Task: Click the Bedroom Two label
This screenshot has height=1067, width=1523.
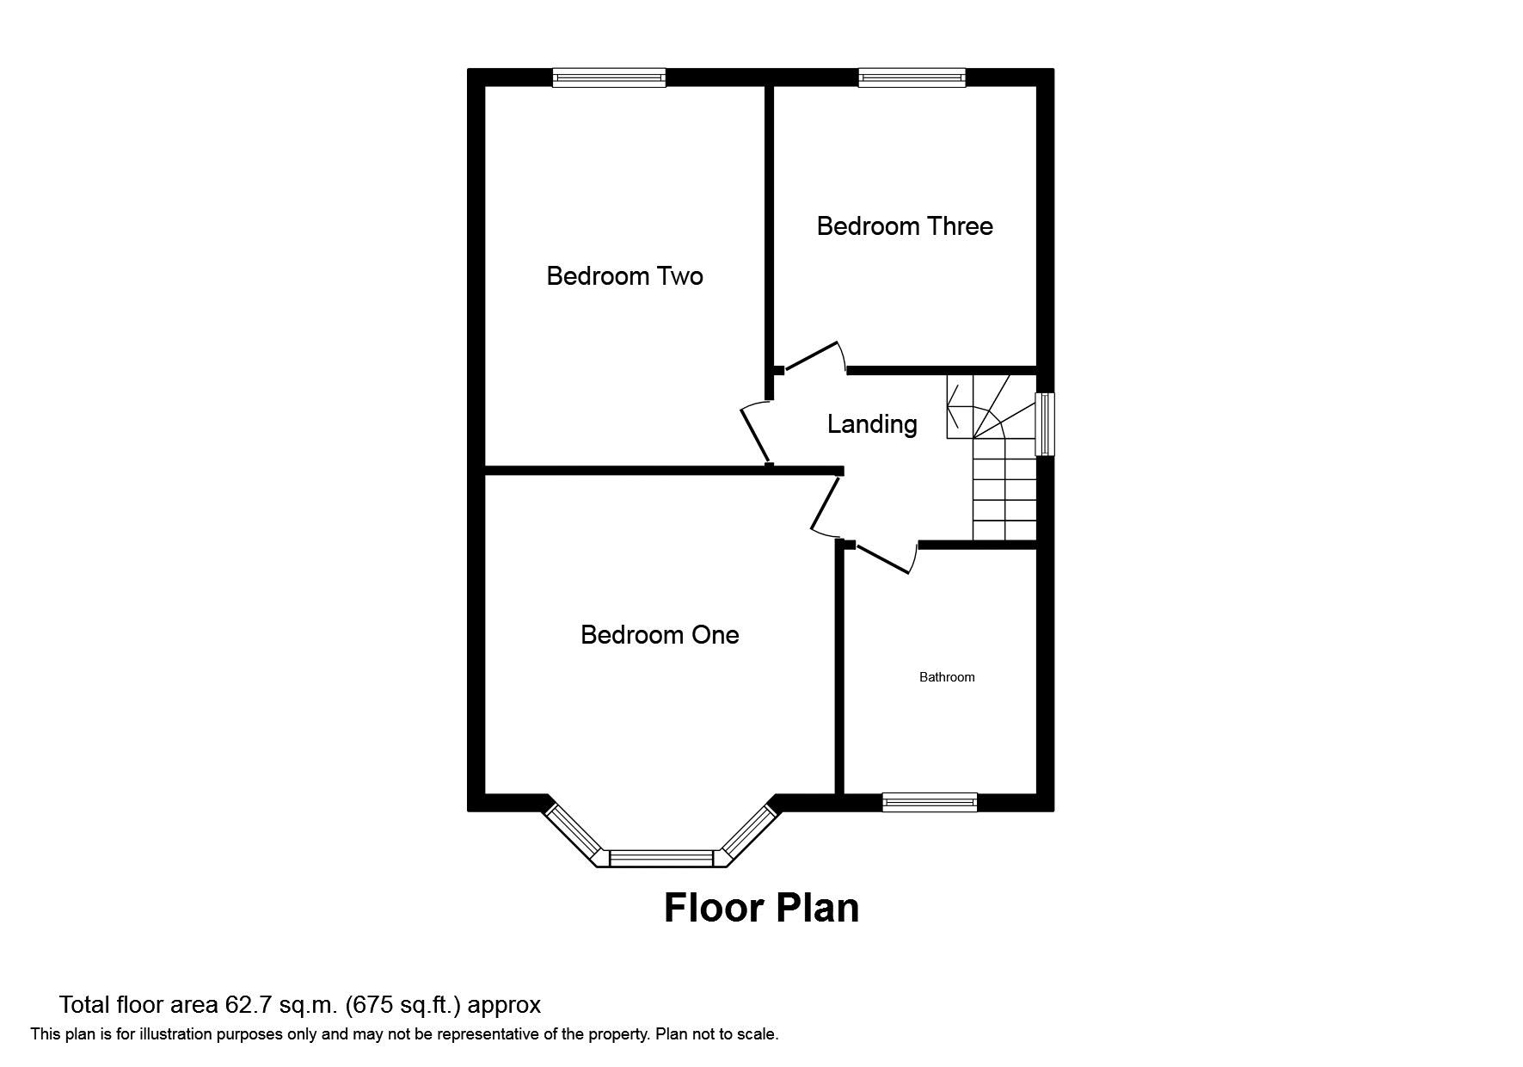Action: click(624, 276)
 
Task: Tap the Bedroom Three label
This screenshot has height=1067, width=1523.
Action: click(905, 226)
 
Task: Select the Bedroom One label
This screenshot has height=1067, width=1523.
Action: click(660, 635)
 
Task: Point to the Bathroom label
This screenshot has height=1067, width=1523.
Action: click(947, 677)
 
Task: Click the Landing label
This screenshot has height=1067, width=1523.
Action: click(872, 424)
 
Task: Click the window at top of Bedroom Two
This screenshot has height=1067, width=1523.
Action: click(609, 78)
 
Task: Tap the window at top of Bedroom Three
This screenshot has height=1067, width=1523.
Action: click(912, 78)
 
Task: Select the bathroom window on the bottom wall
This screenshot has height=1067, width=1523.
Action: click(930, 802)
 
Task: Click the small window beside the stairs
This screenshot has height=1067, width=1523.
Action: click(1045, 423)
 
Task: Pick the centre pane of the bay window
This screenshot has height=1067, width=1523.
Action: click(661, 858)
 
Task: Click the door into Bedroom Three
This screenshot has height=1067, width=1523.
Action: click(812, 356)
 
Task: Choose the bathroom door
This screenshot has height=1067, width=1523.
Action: click(881, 558)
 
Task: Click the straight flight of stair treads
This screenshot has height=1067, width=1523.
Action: click(1004, 499)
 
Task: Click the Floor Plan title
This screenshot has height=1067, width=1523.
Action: click(761, 908)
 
